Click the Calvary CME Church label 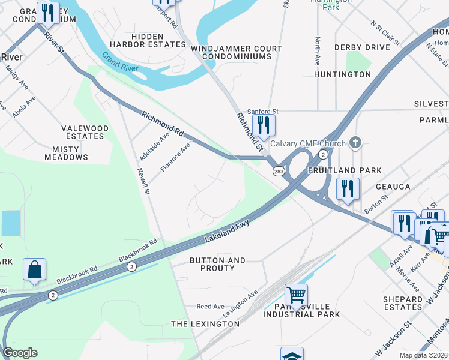[308, 143]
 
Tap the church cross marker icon [355, 143]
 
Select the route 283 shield [279, 172]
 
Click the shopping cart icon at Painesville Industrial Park [296, 295]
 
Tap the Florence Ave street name [175, 157]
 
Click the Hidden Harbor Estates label [149, 40]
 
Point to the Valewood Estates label [85, 132]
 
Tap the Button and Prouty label [217, 264]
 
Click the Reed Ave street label [210, 307]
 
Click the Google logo [20, 353]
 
